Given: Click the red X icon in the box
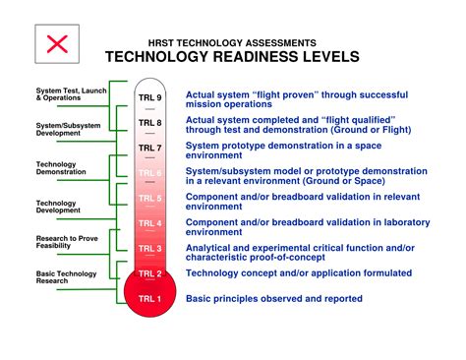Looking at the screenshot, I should pos(58,44).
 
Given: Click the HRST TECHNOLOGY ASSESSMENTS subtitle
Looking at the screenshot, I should pos(232,43).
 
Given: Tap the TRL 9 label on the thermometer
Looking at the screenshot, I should pos(149,99).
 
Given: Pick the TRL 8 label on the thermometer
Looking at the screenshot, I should pos(149,124).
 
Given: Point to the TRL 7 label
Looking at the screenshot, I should pos(149,148).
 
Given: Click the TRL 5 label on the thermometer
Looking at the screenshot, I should pos(149,198).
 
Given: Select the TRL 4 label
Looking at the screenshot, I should pos(149,223).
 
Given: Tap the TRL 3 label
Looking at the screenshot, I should pos(149,249).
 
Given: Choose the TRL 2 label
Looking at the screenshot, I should pos(149,273).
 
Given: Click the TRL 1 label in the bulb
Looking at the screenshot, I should pos(149,298).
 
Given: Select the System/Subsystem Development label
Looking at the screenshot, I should pos(54,129).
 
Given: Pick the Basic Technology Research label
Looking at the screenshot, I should pos(56,276).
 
